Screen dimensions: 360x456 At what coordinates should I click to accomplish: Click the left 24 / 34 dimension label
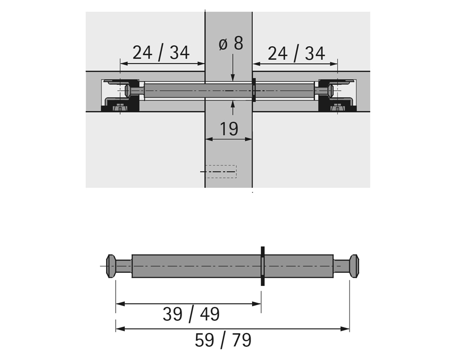coord(161,52)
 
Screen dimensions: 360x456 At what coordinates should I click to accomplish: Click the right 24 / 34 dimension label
coord(296,53)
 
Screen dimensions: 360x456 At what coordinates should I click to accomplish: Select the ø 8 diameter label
coord(231,44)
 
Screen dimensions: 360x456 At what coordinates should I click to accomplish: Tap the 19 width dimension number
coord(229,128)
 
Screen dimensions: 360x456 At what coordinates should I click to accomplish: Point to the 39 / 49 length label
coord(191,314)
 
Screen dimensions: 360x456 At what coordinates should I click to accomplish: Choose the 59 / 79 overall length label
coord(223,340)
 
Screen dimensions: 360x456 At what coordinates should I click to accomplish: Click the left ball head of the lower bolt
coord(112,266)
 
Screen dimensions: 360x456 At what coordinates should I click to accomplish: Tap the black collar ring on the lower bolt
coord(262,266)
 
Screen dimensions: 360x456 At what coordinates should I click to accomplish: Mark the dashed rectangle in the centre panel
coord(221,172)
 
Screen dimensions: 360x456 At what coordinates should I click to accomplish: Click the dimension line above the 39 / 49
coord(188,304)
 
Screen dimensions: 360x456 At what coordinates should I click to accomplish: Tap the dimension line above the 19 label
coord(229,139)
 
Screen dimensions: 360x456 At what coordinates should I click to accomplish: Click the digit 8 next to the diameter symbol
coord(238,44)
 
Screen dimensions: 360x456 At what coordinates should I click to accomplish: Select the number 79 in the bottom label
coord(241,340)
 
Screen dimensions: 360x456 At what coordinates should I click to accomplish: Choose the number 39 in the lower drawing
coord(172,314)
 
